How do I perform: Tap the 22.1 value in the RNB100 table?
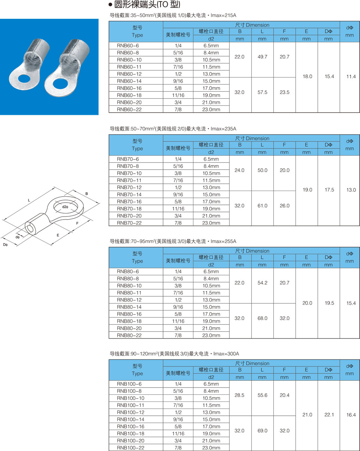[x=329, y=415]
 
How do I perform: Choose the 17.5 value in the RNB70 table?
[x=329, y=190]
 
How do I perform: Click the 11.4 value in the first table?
[x=351, y=77]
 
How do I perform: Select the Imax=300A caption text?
[x=226, y=354]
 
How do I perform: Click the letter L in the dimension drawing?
[x=29, y=201]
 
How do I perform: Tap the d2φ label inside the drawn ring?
[x=65, y=207]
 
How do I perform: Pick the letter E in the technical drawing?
[x=58, y=235]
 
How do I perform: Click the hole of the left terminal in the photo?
[x=24, y=79]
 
